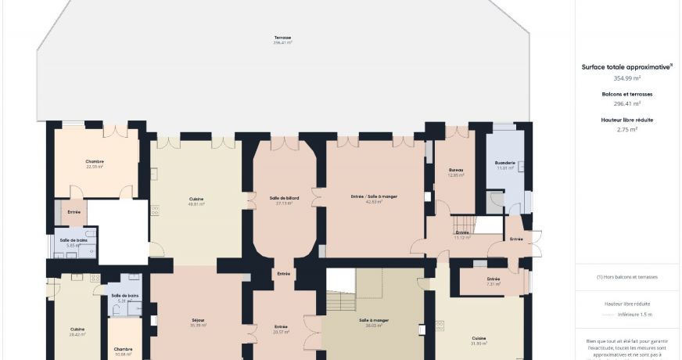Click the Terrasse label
[x=282, y=38]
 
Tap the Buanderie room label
[x=504, y=163]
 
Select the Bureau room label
[x=456, y=170]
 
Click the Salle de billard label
[x=284, y=198]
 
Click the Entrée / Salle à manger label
[x=368, y=198]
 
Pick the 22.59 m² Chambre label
[x=95, y=162]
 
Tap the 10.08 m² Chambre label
[x=123, y=350]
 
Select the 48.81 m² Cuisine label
[x=196, y=200]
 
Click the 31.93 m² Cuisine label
[x=479, y=338]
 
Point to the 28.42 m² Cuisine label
[x=77, y=329]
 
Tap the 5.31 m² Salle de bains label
[x=125, y=296]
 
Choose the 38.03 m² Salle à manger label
[x=374, y=320]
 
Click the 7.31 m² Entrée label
[x=494, y=279]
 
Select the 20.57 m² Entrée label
[x=281, y=327]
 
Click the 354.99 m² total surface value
[x=626, y=78]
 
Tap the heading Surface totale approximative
[x=626, y=67]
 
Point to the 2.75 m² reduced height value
[x=626, y=129]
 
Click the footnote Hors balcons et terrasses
[x=626, y=277]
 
